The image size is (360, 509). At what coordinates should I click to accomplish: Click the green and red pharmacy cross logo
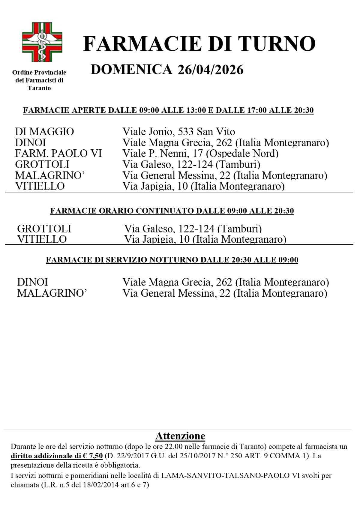[x=42, y=42]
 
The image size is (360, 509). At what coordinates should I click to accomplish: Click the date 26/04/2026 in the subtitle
[x=210, y=70]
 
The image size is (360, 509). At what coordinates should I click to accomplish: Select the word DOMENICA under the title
[x=131, y=70]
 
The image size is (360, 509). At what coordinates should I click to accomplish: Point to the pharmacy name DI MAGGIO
[x=44, y=132]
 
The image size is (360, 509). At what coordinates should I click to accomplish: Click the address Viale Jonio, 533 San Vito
[x=178, y=132]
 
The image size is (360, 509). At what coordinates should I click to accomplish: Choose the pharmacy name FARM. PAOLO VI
[x=58, y=154]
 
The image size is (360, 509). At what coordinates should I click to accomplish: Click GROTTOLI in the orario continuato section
[x=44, y=229]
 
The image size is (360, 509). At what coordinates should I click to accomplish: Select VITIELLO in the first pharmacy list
[x=40, y=186]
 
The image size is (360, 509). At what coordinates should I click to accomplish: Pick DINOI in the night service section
[x=32, y=282]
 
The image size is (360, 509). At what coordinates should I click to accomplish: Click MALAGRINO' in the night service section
[x=52, y=293]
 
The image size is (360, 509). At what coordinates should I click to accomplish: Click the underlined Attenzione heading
[x=180, y=436]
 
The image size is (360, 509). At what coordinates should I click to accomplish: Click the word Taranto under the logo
[x=39, y=88]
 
